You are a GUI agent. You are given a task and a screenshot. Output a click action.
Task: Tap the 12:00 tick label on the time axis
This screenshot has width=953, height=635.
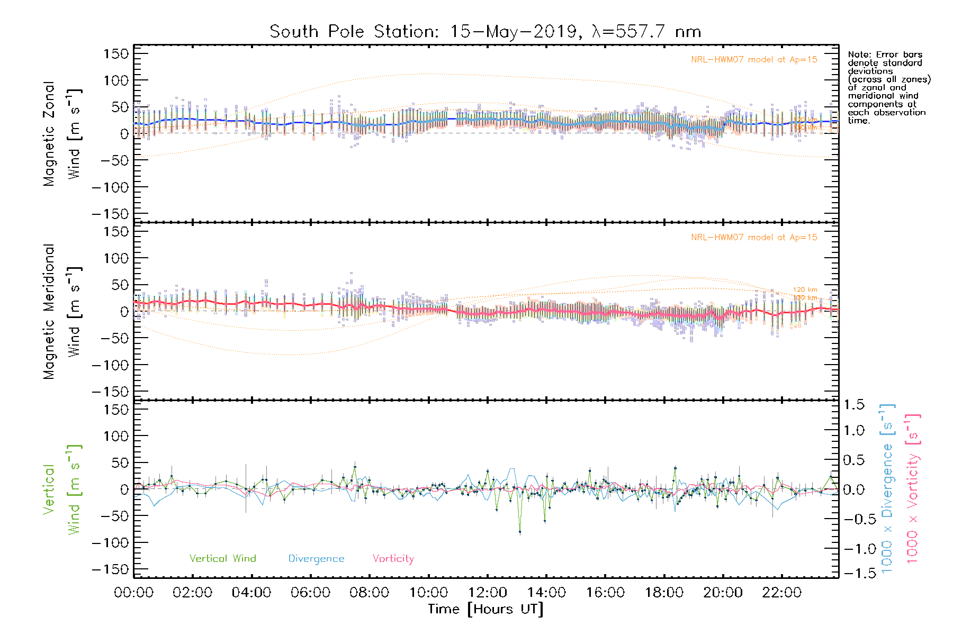(x=487, y=593)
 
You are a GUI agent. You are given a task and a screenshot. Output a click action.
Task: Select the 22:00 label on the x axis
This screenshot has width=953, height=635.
(x=781, y=593)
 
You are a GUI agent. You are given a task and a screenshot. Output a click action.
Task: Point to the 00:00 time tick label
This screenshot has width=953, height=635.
(x=133, y=593)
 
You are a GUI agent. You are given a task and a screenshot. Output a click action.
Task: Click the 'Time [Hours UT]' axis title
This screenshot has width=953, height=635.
(x=485, y=609)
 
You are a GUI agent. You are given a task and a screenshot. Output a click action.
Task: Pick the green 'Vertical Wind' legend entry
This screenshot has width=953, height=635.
(x=222, y=559)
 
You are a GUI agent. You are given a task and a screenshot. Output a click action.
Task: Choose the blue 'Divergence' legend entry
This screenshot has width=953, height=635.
(x=316, y=559)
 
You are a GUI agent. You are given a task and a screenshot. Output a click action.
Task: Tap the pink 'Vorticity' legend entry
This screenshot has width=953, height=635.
(x=393, y=559)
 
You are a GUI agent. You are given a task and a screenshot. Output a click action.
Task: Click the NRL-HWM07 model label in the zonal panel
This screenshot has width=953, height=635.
(x=754, y=60)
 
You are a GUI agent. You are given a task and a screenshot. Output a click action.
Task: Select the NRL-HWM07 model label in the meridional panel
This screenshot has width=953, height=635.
(x=754, y=238)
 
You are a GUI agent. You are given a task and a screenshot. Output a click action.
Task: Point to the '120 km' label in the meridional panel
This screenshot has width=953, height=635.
(x=805, y=290)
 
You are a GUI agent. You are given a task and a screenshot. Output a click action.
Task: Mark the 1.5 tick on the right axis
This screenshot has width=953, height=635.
(x=853, y=405)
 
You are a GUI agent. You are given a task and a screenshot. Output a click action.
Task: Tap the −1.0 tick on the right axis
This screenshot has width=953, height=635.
(x=853, y=549)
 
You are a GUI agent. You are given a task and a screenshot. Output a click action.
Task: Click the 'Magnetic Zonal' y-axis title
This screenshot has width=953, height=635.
(x=49, y=133)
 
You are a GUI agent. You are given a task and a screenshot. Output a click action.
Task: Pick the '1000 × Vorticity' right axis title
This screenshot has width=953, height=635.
(x=913, y=489)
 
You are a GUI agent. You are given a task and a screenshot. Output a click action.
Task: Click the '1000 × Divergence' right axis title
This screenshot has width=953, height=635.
(x=887, y=489)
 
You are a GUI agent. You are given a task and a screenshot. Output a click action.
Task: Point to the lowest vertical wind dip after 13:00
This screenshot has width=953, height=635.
(x=520, y=532)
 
